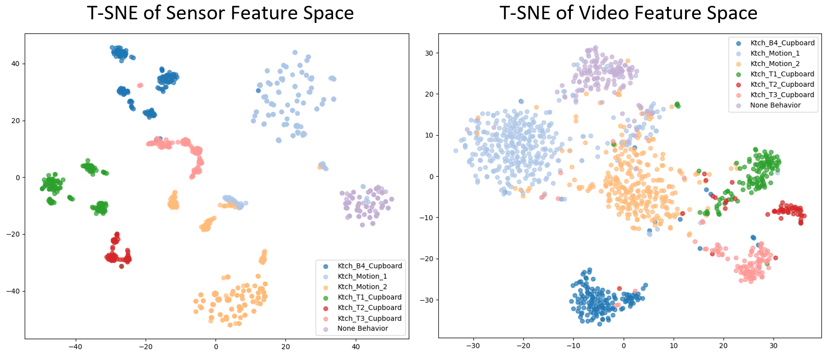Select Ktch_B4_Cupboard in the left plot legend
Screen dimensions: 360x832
[x=369, y=266]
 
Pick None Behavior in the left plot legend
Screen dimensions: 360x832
[x=362, y=329]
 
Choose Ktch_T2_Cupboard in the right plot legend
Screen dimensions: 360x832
[x=782, y=84]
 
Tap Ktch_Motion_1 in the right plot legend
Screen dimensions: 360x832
[x=775, y=53]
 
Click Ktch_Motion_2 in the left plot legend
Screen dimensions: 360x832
[x=362, y=287]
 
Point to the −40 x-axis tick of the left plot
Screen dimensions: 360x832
[x=75, y=347]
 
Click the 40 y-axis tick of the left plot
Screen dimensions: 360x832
[x=16, y=64]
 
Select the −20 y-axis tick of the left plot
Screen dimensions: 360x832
[x=13, y=234]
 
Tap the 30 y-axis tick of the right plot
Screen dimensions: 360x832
[x=429, y=53]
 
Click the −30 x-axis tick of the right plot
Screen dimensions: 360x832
[x=473, y=346]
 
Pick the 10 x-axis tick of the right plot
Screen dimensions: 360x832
[x=673, y=346]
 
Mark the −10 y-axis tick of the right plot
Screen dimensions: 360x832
[x=426, y=218]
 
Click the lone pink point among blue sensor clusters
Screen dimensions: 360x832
[x=140, y=85]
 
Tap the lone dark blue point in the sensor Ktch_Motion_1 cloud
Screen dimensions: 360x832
[x=258, y=90]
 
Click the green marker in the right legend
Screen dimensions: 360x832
[x=739, y=74]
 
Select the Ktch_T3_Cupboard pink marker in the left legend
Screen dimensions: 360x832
[x=326, y=318]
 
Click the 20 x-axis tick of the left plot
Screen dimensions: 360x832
[x=285, y=347]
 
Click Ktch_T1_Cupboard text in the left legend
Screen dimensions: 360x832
[x=369, y=297]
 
